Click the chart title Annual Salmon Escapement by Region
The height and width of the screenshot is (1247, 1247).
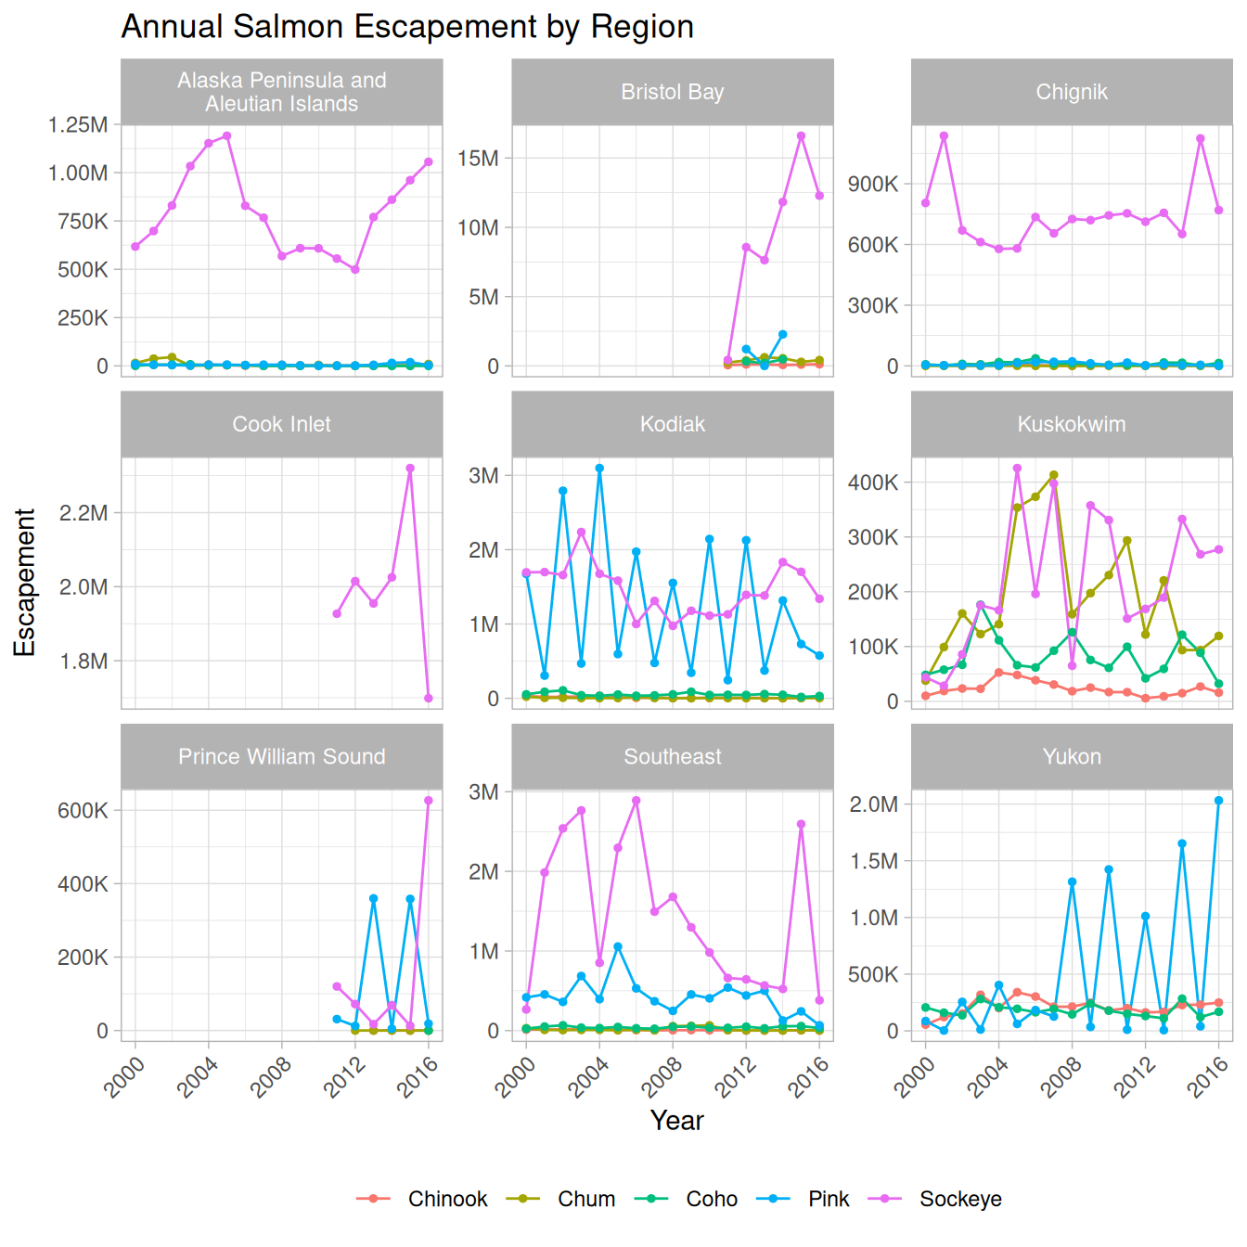point(407,27)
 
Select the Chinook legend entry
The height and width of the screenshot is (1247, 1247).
point(446,1199)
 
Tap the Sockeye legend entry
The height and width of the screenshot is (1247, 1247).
point(959,1199)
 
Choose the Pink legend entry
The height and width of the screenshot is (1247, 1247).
point(828,1199)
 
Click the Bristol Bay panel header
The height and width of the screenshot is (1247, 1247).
point(672,92)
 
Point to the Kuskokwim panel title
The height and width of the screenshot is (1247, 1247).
point(1072,424)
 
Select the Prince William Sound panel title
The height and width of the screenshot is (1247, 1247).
point(281,756)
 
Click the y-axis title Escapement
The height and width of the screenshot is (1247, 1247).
point(25,582)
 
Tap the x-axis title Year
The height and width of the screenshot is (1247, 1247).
point(676,1121)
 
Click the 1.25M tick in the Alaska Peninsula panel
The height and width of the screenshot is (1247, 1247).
point(78,124)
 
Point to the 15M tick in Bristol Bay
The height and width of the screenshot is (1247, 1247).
point(478,158)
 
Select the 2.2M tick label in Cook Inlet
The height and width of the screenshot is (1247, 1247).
point(84,513)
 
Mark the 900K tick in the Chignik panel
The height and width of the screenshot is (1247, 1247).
point(872,184)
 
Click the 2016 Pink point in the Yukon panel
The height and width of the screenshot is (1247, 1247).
point(1218,801)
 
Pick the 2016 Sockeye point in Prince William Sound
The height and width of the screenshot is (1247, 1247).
point(429,801)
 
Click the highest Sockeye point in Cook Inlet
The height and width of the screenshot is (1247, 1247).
point(410,469)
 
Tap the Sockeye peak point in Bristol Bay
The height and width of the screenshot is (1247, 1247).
point(801,136)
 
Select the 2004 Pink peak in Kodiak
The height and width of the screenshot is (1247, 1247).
point(599,469)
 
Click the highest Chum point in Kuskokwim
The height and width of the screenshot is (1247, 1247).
point(1053,475)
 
